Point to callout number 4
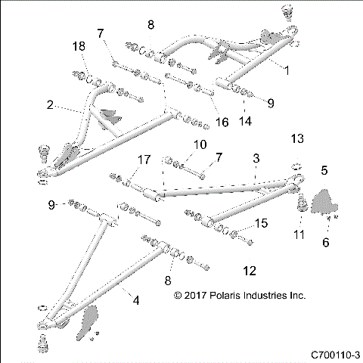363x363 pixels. (136, 301)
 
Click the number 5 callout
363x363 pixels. (324, 171)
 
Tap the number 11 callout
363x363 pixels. (299, 234)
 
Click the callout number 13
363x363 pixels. (297, 138)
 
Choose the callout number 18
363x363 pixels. (79, 47)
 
